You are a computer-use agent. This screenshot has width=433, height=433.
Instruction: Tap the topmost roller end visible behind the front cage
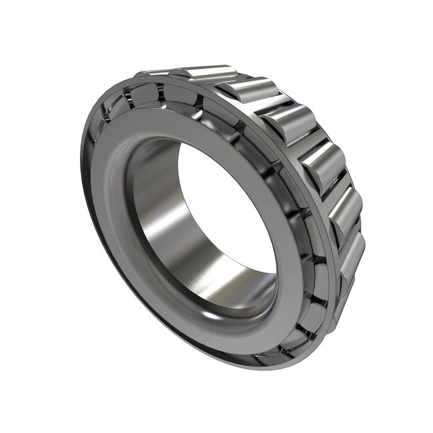point(180,93)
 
